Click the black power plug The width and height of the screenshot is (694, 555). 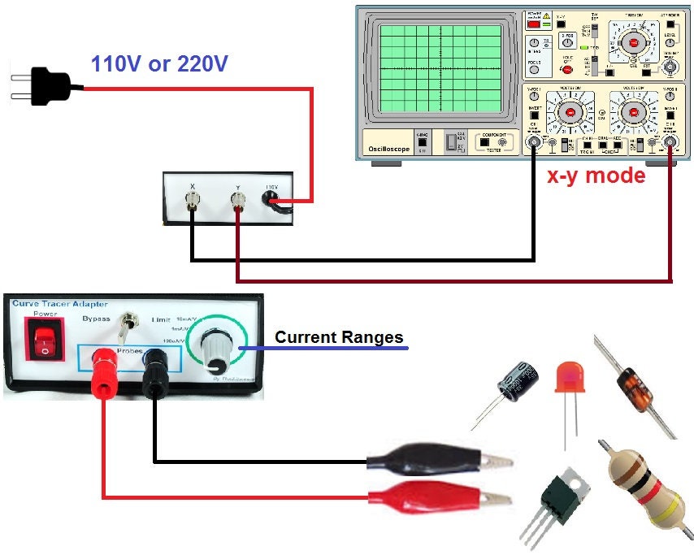click(x=48, y=80)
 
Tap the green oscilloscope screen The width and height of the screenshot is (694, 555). click(x=442, y=68)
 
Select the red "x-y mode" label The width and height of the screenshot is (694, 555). click(x=596, y=176)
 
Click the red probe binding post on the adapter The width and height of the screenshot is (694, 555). click(x=104, y=362)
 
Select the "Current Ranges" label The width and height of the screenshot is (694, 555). click(x=339, y=337)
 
